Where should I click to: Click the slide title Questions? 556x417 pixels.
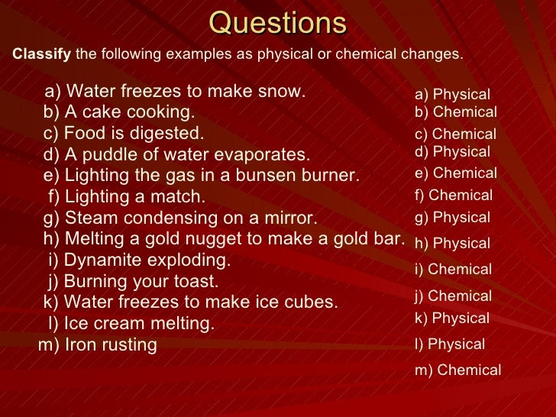pos(278,24)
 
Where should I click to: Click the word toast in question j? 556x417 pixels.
pos(195,282)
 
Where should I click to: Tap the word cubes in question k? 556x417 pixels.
pos(309,302)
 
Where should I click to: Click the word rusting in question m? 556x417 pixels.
pos(131,345)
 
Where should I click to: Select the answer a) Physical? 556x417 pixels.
pos(452,95)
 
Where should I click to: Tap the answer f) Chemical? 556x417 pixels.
pos(454,196)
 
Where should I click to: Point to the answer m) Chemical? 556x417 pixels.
pos(457,370)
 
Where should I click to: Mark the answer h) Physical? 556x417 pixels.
pos(452,244)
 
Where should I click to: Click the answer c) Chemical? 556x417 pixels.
pos(455,134)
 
